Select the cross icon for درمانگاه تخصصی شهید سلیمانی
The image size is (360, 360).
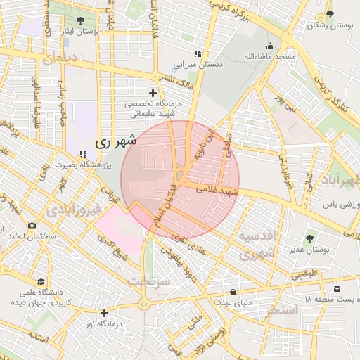pyautogui.click(x=153, y=93)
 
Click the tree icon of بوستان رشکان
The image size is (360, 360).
pyautogui.click(x=328, y=15)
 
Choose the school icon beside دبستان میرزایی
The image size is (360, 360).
pyautogui.click(x=198, y=53)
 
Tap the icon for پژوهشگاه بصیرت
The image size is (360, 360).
pyautogui.click(x=83, y=154)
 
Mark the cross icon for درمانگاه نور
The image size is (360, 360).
pyautogui.click(x=105, y=313)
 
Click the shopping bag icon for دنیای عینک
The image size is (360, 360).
pyautogui.click(x=233, y=292)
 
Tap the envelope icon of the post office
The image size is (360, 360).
pyautogui.click(x=337, y=289)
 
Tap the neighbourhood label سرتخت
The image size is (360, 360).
pyautogui.click(x=149, y=281)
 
